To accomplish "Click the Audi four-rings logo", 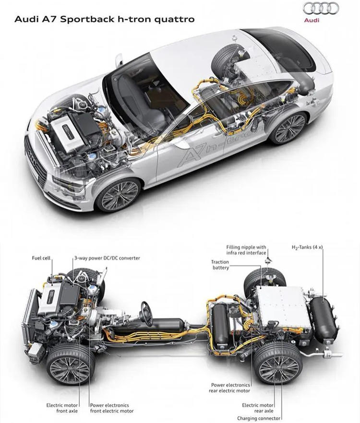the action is pos(321,9).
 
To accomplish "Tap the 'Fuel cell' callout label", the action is pos(41,258).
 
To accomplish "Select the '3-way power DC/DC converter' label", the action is pos(107,258).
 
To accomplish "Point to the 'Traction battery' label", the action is pos(220,265).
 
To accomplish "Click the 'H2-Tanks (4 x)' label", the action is pos(307,247).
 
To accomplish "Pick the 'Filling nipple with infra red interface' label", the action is pos(246,250).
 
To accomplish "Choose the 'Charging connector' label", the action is pos(259,418).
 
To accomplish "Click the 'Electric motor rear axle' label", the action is pos(258,408).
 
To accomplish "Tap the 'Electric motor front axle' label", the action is pos(62,408).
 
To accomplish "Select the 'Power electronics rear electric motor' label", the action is pos(230,388).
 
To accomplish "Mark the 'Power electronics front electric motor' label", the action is pos(112,408).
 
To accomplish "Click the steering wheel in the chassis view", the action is pos(146,314).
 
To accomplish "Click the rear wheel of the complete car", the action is pos(288,128).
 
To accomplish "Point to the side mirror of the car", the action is pos(119,60).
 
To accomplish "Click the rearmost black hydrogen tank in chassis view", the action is pos(323,318).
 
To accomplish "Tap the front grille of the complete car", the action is pos(35,161).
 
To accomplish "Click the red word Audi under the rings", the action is pos(312,20).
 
